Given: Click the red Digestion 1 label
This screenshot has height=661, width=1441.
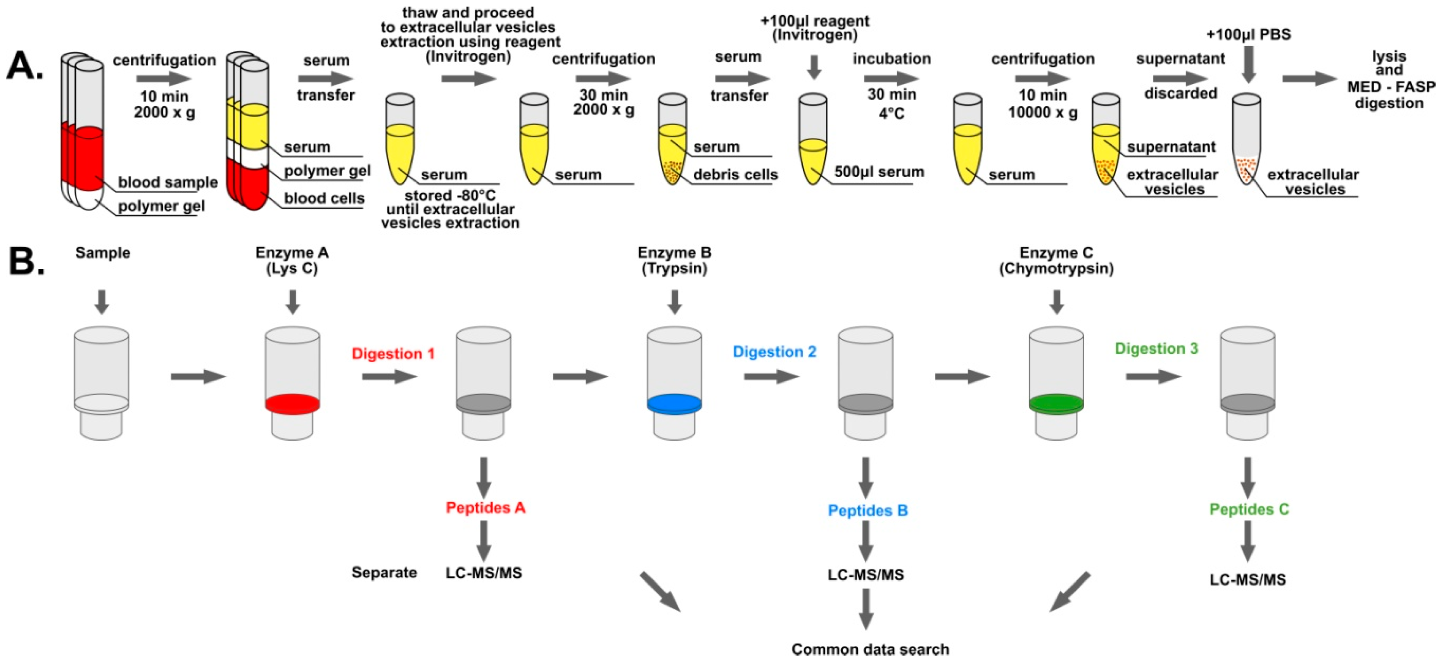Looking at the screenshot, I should coord(393,354).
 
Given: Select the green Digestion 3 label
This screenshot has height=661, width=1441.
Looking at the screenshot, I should coord(1156,349).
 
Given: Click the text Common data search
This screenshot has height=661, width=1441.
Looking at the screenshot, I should coord(870,649).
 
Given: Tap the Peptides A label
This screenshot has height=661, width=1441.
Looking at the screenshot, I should coord(485,508).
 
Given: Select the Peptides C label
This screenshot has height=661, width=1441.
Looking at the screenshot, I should coord(1249,509).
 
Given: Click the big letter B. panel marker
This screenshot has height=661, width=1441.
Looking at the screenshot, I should coord(26,260).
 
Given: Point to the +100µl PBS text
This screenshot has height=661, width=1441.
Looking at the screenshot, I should coord(1248,35).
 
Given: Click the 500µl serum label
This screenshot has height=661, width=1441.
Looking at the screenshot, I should coord(879,172).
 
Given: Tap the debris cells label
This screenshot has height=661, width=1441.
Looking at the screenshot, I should coord(735,175).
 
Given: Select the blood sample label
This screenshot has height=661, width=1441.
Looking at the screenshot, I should coord(168,182).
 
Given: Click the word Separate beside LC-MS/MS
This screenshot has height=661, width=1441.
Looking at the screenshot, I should coord(384,573).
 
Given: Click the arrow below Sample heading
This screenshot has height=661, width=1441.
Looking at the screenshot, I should coord(102,302).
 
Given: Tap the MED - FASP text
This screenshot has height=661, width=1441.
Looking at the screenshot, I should coord(1391,87).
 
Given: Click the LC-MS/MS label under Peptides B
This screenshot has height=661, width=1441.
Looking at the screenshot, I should coord(866,575).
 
